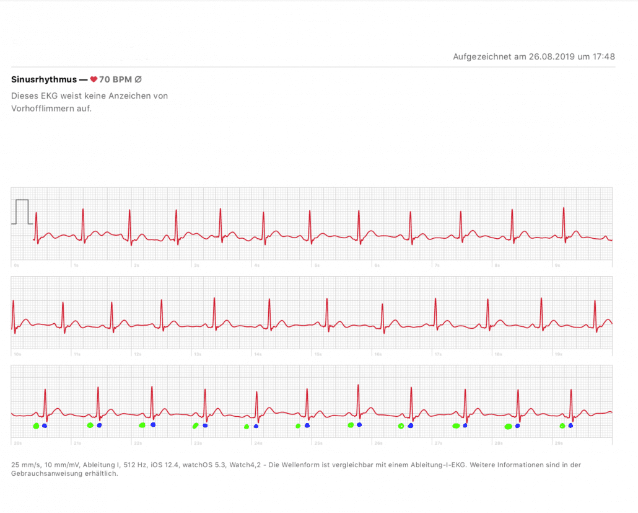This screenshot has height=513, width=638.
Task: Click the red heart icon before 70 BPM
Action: point(94,79)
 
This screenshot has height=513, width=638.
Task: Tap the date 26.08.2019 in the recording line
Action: point(551,56)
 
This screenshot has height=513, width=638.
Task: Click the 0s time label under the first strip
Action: point(16,265)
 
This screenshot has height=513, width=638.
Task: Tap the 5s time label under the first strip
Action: point(317,265)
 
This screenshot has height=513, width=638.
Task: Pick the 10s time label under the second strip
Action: point(18,354)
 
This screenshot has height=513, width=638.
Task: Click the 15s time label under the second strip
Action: point(318,354)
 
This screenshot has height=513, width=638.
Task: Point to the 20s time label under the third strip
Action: point(18,444)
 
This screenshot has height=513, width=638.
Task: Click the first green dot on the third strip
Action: point(36,426)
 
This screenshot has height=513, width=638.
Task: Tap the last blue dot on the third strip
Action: point(570,426)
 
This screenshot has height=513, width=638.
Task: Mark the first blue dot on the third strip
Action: point(45,426)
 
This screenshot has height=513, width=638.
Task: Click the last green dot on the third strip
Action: point(562,426)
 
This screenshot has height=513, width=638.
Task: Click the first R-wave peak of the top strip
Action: point(36,213)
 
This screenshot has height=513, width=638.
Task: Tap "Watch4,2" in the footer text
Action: point(247,465)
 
